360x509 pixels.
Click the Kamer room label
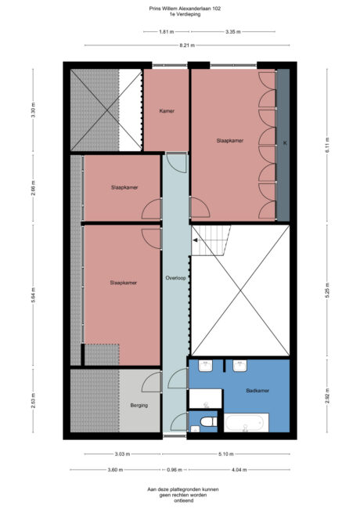[167, 111]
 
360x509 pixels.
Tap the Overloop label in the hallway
[175, 278]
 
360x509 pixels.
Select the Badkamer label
[257, 391]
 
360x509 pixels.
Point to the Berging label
[139, 406]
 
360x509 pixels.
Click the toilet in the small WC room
[208, 422]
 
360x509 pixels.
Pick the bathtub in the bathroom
[247, 423]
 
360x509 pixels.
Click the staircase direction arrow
[196, 240]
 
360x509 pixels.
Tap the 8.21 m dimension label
[187, 45]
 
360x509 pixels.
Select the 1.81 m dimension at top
[167, 32]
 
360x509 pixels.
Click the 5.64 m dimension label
[33, 295]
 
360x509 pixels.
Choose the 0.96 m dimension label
[175, 470]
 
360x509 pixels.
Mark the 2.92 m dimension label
[328, 396]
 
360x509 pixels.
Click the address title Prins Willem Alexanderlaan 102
[185, 9]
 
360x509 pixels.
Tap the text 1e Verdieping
[185, 14]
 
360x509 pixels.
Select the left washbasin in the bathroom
[206, 366]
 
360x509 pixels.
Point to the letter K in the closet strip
[285, 143]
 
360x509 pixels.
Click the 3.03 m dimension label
[122, 454]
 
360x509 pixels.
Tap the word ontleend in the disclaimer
[183, 500]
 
